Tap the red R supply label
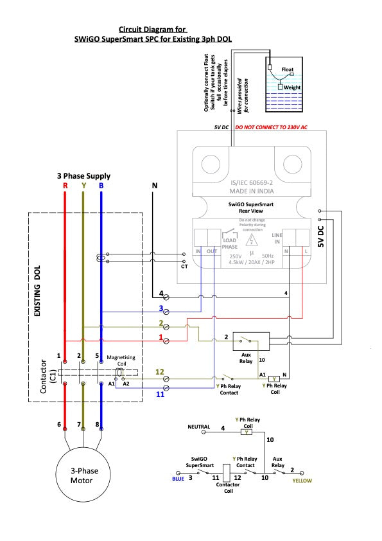[65, 186]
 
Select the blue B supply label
[101, 186]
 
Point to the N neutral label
[155, 186]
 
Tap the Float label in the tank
[287, 69]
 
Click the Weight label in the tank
[292, 87]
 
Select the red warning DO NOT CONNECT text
[271, 127]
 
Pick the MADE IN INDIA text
[252, 191]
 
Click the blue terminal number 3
[161, 308]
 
